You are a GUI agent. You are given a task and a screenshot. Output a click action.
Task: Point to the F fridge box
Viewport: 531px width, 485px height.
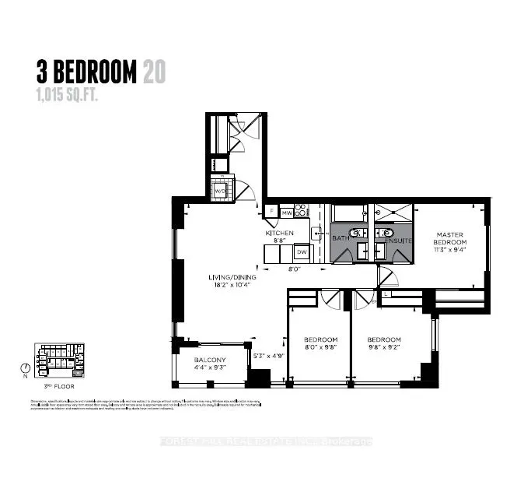click(271, 210)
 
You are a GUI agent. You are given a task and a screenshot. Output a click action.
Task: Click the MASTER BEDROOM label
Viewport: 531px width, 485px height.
click(450, 238)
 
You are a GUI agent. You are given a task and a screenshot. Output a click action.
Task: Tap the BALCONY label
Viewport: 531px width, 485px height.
click(209, 360)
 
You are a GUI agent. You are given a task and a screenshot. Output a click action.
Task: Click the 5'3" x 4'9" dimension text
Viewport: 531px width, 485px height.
click(270, 356)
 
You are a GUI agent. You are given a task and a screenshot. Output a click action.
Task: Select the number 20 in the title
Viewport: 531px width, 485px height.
click(153, 72)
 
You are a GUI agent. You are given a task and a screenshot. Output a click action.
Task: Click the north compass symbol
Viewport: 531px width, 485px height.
click(28, 368)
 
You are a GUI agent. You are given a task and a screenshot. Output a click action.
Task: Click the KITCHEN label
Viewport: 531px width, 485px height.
click(279, 234)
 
